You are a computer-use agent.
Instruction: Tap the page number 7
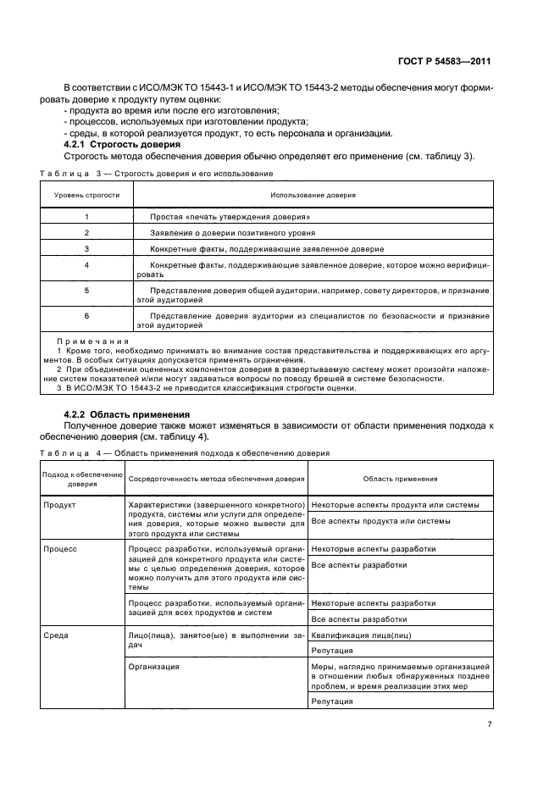[489, 724]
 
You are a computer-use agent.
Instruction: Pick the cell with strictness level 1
[86, 217]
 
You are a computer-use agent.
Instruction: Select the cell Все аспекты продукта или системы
[374, 521]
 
